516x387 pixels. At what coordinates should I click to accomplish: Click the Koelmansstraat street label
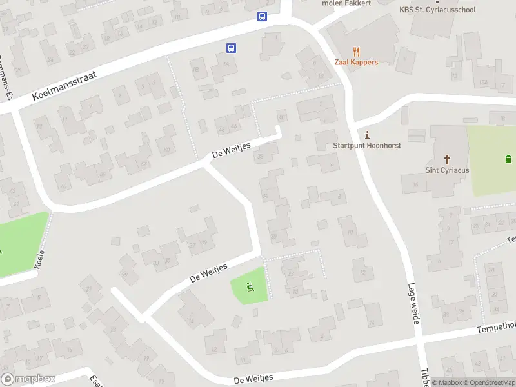pos(64,86)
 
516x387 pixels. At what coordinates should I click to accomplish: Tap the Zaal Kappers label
pos(356,63)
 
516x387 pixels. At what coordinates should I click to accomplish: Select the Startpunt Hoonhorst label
pos(367,146)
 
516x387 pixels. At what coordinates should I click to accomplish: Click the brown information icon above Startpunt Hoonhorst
pos(368,135)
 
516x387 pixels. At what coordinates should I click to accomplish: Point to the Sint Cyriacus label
pos(447,170)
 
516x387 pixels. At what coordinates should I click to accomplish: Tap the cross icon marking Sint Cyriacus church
pos(447,159)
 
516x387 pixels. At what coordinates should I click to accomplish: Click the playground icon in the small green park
pos(249,287)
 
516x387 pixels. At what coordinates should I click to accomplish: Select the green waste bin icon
pos(509,159)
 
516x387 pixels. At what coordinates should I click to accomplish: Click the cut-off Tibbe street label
pos(425,377)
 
